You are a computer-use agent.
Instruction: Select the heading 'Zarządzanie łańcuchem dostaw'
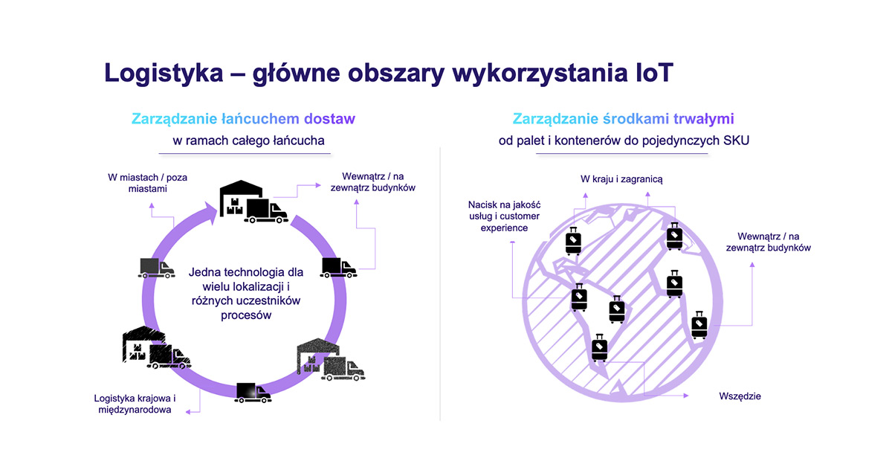(x=243, y=118)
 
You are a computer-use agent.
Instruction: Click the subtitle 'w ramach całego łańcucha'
(x=243, y=141)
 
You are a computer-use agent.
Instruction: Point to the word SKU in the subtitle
(x=735, y=141)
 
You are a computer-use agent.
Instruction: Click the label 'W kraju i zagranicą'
(x=621, y=179)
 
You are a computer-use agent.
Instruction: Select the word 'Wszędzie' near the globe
(x=740, y=396)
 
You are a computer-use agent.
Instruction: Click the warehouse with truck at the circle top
(x=253, y=202)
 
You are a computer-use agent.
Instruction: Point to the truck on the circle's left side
(x=157, y=268)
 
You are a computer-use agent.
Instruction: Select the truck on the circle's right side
(x=339, y=268)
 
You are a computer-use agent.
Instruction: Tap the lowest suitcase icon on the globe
(x=599, y=347)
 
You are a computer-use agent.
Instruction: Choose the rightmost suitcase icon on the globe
(x=699, y=324)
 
